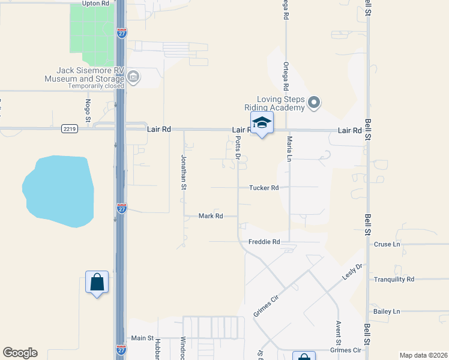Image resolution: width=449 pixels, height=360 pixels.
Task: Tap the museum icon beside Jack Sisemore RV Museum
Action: tap(133, 76)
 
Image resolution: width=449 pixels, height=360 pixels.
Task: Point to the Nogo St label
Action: tap(88, 111)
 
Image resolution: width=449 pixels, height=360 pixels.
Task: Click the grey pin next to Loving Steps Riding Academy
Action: tap(314, 103)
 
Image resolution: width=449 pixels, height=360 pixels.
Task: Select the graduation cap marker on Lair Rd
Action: tap(262, 123)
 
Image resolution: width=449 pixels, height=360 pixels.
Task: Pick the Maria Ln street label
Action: tap(289, 148)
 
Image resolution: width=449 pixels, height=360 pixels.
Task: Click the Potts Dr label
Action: tap(238, 148)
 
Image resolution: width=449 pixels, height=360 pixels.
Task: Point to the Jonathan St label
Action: tap(184, 172)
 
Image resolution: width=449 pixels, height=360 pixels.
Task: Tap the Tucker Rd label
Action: tap(264, 188)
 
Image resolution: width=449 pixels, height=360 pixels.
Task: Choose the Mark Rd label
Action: tap(211, 216)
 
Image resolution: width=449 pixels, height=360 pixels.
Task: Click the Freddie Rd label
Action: tap(264, 242)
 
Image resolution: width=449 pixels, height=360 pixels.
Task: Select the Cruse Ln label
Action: tap(387, 245)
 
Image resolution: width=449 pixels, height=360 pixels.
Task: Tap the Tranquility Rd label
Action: tap(394, 280)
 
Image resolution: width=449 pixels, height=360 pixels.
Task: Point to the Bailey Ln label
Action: tap(387, 312)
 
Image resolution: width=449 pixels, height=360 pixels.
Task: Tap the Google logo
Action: tap(20, 353)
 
